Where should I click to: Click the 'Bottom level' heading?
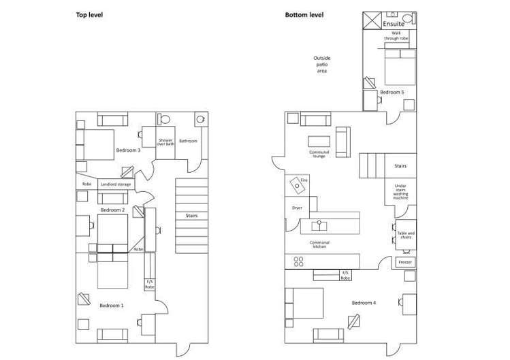click(x=304, y=14)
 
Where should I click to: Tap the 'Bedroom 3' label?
click(x=128, y=150)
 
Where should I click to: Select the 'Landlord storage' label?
click(x=116, y=184)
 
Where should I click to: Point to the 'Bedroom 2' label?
click(x=112, y=210)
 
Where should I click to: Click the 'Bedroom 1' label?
click(x=112, y=306)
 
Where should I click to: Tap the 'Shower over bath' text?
click(x=166, y=142)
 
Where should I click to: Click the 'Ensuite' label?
click(x=394, y=24)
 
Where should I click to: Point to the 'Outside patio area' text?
click(x=321, y=65)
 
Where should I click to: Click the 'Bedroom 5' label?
click(x=392, y=92)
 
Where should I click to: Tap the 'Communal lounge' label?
click(x=319, y=154)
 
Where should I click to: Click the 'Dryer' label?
click(x=297, y=208)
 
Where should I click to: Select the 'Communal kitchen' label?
click(x=319, y=244)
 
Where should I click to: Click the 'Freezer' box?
click(x=404, y=262)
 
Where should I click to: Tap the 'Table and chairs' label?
click(x=406, y=235)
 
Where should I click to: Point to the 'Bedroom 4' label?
click(x=364, y=302)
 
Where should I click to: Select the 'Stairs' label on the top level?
click(x=191, y=216)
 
